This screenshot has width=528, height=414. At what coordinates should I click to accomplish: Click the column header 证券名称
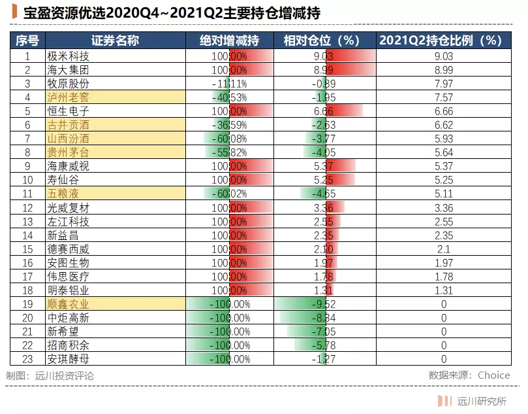116,41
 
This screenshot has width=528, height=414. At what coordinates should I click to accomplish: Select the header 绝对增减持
229,41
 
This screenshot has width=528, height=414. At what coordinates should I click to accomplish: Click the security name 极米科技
68,56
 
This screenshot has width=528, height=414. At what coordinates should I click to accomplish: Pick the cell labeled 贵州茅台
68,152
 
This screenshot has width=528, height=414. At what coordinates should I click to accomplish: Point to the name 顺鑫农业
68,303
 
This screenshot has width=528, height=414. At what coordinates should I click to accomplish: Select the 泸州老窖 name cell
68,97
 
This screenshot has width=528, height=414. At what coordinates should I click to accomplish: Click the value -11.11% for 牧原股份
229,84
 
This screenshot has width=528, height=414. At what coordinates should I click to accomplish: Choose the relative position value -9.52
324,303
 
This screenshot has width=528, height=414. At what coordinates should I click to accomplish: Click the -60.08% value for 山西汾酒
229,139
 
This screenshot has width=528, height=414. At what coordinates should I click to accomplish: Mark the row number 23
27,358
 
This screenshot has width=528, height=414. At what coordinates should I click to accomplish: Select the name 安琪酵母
68,358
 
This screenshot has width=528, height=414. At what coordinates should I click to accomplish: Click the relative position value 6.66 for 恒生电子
324,111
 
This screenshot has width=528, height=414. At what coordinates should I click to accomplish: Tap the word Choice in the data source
493,375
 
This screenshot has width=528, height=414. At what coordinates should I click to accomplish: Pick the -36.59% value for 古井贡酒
229,125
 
